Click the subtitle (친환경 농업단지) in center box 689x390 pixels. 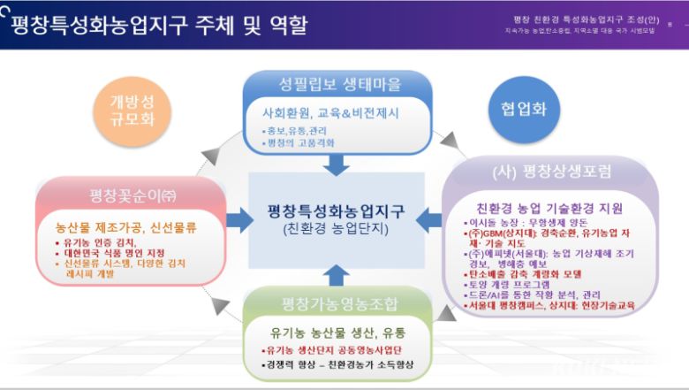(336, 228)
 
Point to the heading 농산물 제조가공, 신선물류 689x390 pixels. (125, 226)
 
